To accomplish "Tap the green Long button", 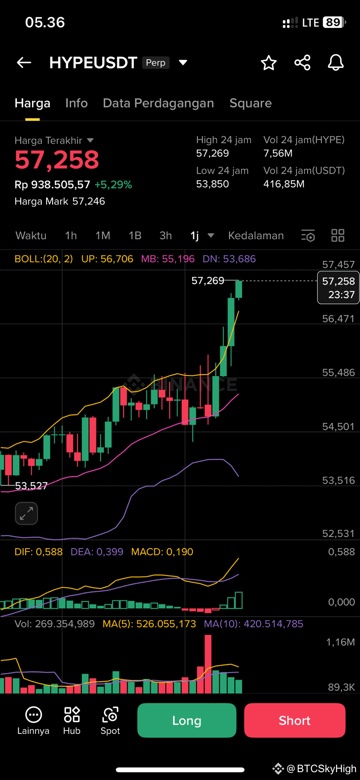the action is (x=187, y=720).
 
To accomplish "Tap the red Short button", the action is (x=295, y=720).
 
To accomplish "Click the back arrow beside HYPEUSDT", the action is (x=24, y=63).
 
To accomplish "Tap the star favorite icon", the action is (x=269, y=63).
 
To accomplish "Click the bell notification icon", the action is (x=336, y=63).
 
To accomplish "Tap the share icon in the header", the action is (x=303, y=63).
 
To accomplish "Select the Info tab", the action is (x=77, y=103).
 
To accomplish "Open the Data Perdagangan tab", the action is (x=158, y=103).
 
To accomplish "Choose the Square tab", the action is (x=250, y=103).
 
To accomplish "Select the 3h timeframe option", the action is (x=166, y=236).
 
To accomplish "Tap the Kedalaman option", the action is (x=256, y=236).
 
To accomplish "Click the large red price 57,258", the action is (x=57, y=160).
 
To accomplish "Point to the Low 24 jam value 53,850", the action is (x=213, y=184).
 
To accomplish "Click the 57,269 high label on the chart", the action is (x=208, y=281).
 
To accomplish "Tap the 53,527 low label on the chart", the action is (x=31, y=486).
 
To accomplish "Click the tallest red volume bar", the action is (x=208, y=664).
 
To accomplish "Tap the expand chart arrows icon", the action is (x=27, y=513).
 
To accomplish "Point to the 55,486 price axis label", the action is (x=339, y=372).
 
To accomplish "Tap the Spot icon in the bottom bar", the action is (x=110, y=721).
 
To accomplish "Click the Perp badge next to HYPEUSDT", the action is (x=156, y=63).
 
